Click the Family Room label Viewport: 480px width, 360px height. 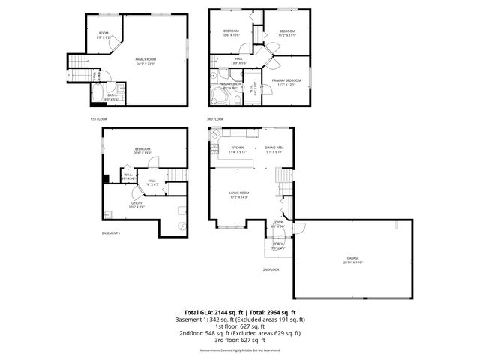pos(145,61)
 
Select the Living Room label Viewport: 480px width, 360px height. pos(238,195)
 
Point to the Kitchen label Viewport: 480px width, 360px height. pos(238,149)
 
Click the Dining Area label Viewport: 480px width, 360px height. pos(274,149)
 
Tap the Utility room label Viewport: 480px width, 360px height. pos(136,205)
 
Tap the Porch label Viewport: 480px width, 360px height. pos(278,244)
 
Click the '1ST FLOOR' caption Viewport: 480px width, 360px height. pos(98,119)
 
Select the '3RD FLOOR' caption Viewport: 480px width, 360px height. pos(215,119)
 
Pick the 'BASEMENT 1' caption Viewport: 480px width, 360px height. pos(110,233)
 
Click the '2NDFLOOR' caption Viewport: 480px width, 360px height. pos(271,269)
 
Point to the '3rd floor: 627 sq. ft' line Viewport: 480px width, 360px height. pos(239,339)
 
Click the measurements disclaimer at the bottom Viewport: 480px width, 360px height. pos(239,350)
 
